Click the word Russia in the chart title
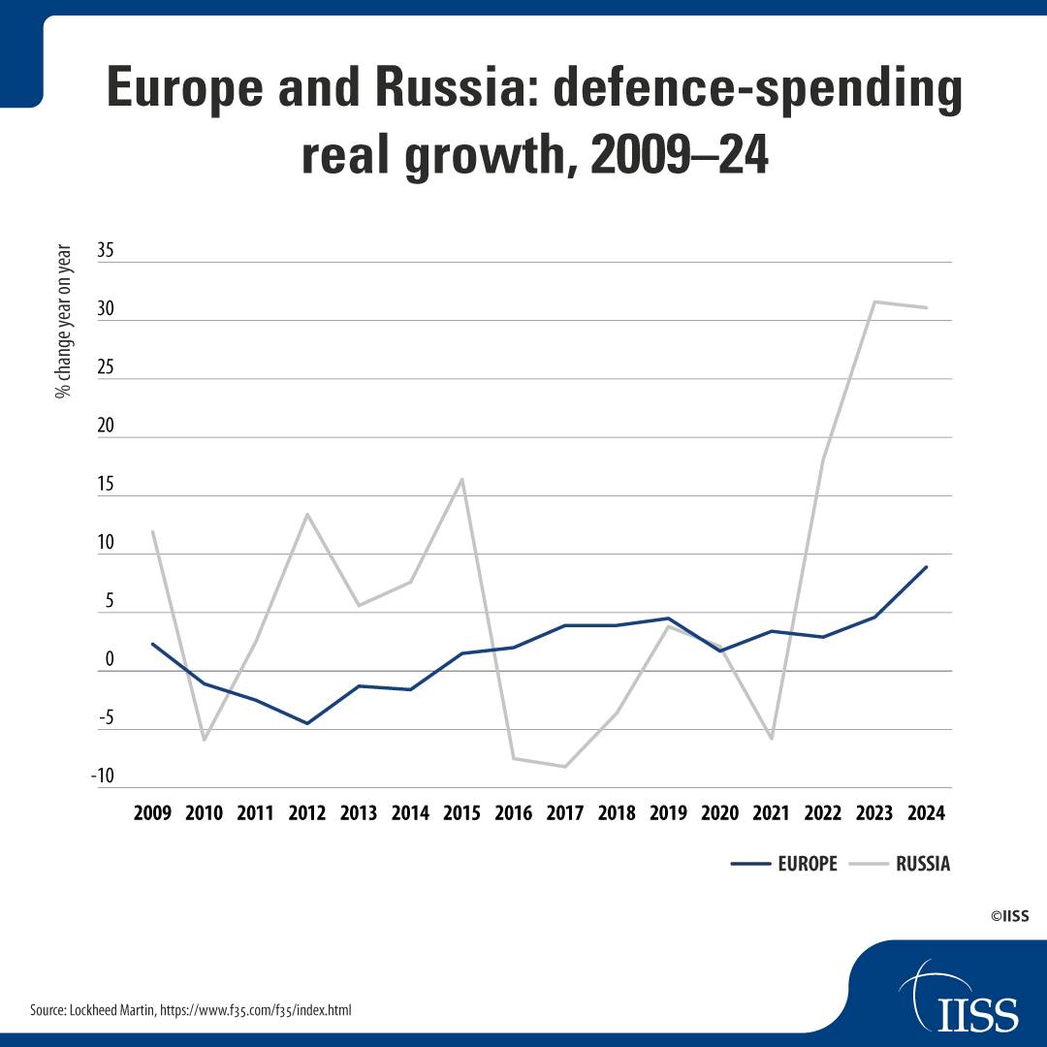[x=447, y=87]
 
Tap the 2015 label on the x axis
[x=461, y=813]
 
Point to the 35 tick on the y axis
[x=106, y=250]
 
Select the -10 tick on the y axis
[x=103, y=776]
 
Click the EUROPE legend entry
[x=784, y=864]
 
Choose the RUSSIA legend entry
[x=900, y=864]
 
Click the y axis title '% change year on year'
[x=63, y=321]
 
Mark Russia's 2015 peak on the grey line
[x=461, y=479]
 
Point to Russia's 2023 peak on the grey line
[x=874, y=301]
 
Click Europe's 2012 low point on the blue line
[x=307, y=723]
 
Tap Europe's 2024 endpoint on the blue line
[x=926, y=567]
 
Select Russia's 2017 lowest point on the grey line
[x=565, y=767]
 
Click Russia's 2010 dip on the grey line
[x=204, y=741]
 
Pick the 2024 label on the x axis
[x=926, y=813]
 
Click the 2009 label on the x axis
[x=152, y=813]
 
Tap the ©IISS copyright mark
[x=1009, y=916]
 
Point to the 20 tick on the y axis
[x=106, y=426]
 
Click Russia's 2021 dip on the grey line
[x=772, y=739]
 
